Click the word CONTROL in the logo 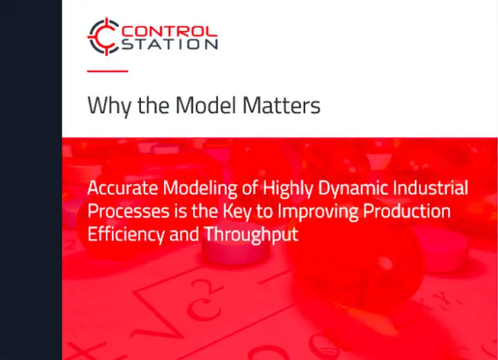[169, 30]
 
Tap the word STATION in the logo [169, 44]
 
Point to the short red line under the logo [107, 71]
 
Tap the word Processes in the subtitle [123, 211]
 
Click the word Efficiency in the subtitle [126, 235]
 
